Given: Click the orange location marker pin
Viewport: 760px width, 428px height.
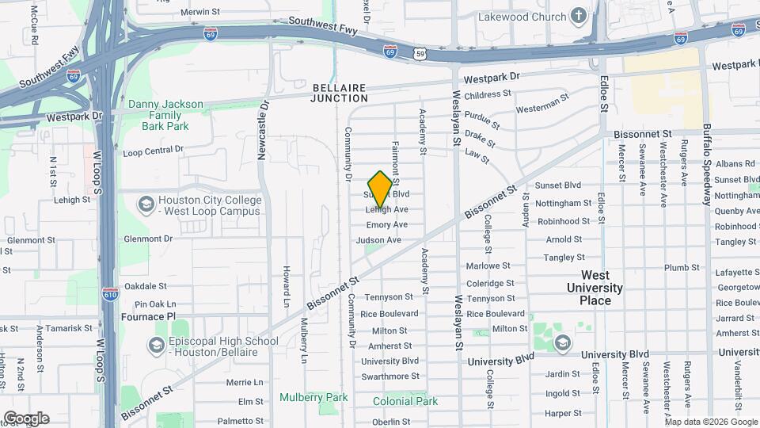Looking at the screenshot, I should pos(381,188).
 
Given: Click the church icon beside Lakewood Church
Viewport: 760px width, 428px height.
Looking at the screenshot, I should pos(579,17).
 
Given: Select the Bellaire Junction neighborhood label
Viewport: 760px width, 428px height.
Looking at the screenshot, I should pos(340,93).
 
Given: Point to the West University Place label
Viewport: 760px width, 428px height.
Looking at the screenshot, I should pos(595,288).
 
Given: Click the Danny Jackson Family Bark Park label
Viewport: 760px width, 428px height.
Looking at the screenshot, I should pos(165,115).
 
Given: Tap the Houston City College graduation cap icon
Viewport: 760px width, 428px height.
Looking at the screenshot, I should pos(146,205).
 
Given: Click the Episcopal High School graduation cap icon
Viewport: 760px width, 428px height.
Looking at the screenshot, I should pos(156,346).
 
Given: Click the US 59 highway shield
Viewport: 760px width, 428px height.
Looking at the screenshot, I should pos(420,52).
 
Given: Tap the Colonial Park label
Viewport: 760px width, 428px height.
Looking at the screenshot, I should pos(405,401).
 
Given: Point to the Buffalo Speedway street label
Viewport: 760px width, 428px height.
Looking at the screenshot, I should pos(709,163).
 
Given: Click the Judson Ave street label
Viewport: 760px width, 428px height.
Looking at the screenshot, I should pos(378,240).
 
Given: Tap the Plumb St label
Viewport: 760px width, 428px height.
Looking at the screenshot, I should pos(682,268).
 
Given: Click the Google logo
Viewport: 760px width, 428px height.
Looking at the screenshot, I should pos(26,418).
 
